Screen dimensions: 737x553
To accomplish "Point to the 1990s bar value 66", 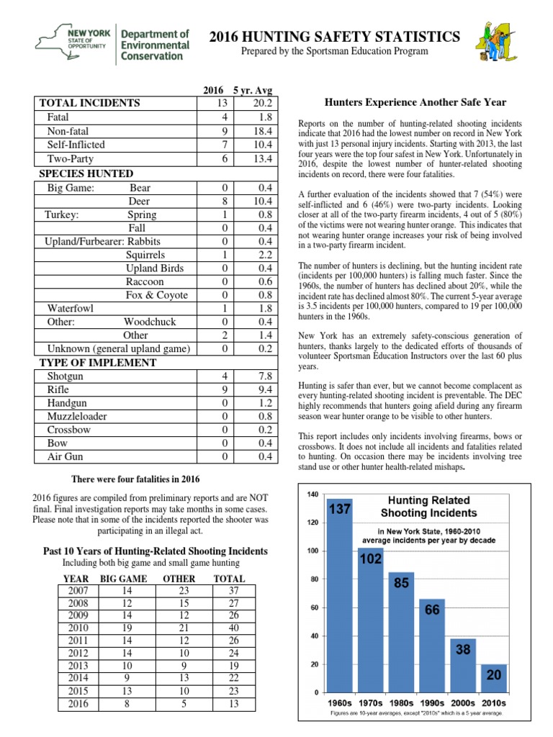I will [433, 609].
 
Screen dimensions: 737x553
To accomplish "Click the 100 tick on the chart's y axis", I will [313, 551].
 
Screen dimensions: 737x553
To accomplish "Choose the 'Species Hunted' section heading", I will [86, 173].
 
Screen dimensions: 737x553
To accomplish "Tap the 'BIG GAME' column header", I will [124, 579].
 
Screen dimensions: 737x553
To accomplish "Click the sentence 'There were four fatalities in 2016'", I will [135, 479].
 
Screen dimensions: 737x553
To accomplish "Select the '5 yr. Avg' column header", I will [256, 91].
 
